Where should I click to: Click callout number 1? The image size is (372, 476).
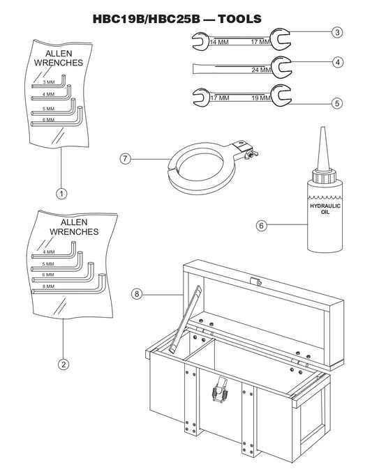tap(62, 193)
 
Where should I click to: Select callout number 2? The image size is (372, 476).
tap(62, 363)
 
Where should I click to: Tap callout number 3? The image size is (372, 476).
tap(337, 32)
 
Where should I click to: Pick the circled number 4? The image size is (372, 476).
tap(337, 62)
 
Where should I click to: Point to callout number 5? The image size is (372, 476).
tap(337, 102)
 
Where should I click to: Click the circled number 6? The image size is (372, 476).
tap(261, 225)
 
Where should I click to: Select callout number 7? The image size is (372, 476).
tap(126, 159)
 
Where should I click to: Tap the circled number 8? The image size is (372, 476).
tap(137, 293)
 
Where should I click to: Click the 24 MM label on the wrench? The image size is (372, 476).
tap(261, 70)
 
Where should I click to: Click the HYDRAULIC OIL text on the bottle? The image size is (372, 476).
tap(322, 209)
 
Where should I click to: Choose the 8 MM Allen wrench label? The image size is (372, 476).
tap(48, 286)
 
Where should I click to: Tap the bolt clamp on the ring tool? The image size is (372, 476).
tap(244, 148)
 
